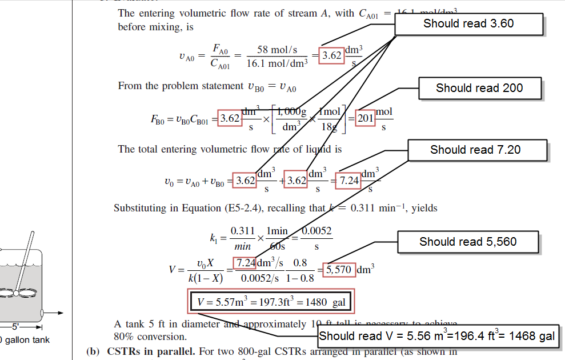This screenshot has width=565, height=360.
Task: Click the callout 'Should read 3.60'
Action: [x=468, y=24]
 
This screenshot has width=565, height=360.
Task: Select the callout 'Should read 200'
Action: [x=479, y=88]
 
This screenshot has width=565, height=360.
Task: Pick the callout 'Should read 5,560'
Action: [x=468, y=242]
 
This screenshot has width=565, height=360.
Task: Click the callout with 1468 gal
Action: [x=437, y=336]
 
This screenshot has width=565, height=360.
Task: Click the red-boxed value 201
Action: [x=366, y=119]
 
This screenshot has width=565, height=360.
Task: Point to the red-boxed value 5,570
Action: [x=339, y=270]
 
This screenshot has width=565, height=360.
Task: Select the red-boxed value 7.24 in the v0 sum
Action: [x=349, y=181]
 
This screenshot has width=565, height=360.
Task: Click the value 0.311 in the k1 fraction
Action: [x=242, y=231]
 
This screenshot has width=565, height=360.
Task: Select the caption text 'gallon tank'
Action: [x=28, y=340]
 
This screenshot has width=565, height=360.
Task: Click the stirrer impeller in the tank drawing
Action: [x=17, y=293]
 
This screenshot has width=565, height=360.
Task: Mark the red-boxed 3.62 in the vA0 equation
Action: [x=332, y=56]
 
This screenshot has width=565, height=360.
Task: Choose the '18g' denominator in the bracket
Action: [x=329, y=127]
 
